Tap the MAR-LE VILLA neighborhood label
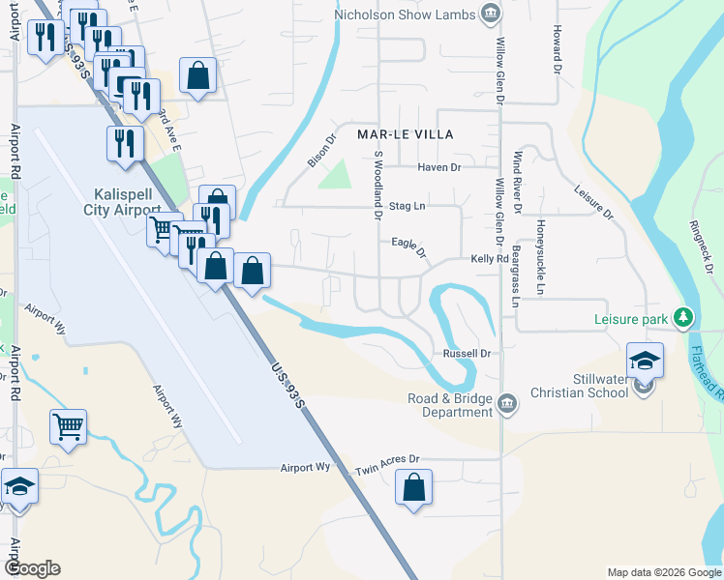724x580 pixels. [x=406, y=134]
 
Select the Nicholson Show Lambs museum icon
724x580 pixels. [x=491, y=14]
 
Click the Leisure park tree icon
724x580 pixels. [x=683, y=318]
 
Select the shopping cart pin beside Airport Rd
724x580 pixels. [x=68, y=426]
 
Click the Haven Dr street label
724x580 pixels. [x=439, y=168]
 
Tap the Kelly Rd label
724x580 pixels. [x=490, y=259]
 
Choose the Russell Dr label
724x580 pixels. [x=468, y=354]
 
